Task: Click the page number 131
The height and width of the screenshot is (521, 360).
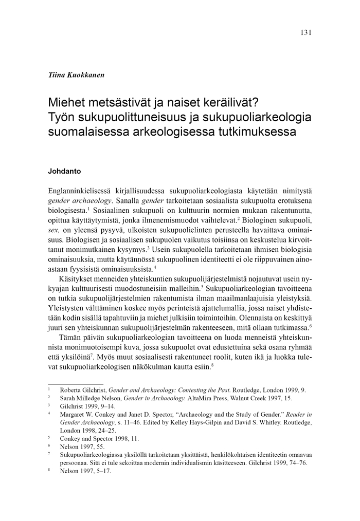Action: tap(305, 32)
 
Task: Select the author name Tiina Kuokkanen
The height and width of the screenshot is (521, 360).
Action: tap(76, 75)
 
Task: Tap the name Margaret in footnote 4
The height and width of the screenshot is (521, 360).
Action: tap(76, 413)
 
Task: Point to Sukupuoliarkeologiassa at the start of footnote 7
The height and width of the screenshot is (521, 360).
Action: tap(93, 455)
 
